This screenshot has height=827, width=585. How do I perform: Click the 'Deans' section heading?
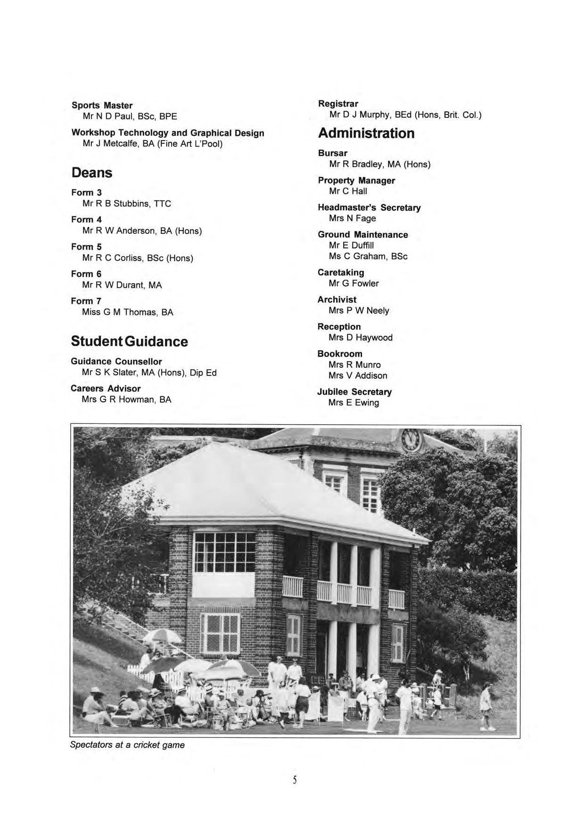point(92,173)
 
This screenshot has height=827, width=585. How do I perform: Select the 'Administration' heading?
point(366,133)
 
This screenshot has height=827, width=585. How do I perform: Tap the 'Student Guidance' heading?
point(129,341)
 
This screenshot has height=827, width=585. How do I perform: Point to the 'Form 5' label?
point(86,247)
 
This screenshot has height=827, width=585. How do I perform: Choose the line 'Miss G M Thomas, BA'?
point(127,312)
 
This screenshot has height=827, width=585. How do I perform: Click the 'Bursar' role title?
point(332,153)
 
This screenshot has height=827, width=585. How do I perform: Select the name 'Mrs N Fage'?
point(352,218)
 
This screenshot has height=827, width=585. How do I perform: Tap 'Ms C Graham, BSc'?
point(368,256)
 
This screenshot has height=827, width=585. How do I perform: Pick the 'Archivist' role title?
point(337,299)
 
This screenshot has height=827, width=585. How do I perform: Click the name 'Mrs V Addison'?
point(358,376)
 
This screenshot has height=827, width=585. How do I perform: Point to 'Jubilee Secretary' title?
point(354,392)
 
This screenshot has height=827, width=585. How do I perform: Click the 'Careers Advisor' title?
point(106,389)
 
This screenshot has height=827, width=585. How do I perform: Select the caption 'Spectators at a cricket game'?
point(127,745)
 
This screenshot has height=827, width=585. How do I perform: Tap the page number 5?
point(295,780)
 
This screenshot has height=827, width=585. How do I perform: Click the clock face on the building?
point(410,439)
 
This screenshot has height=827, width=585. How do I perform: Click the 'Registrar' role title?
point(338,104)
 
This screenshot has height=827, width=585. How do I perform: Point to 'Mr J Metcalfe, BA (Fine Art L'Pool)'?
point(152,144)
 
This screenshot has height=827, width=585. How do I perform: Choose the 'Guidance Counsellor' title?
point(116,362)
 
